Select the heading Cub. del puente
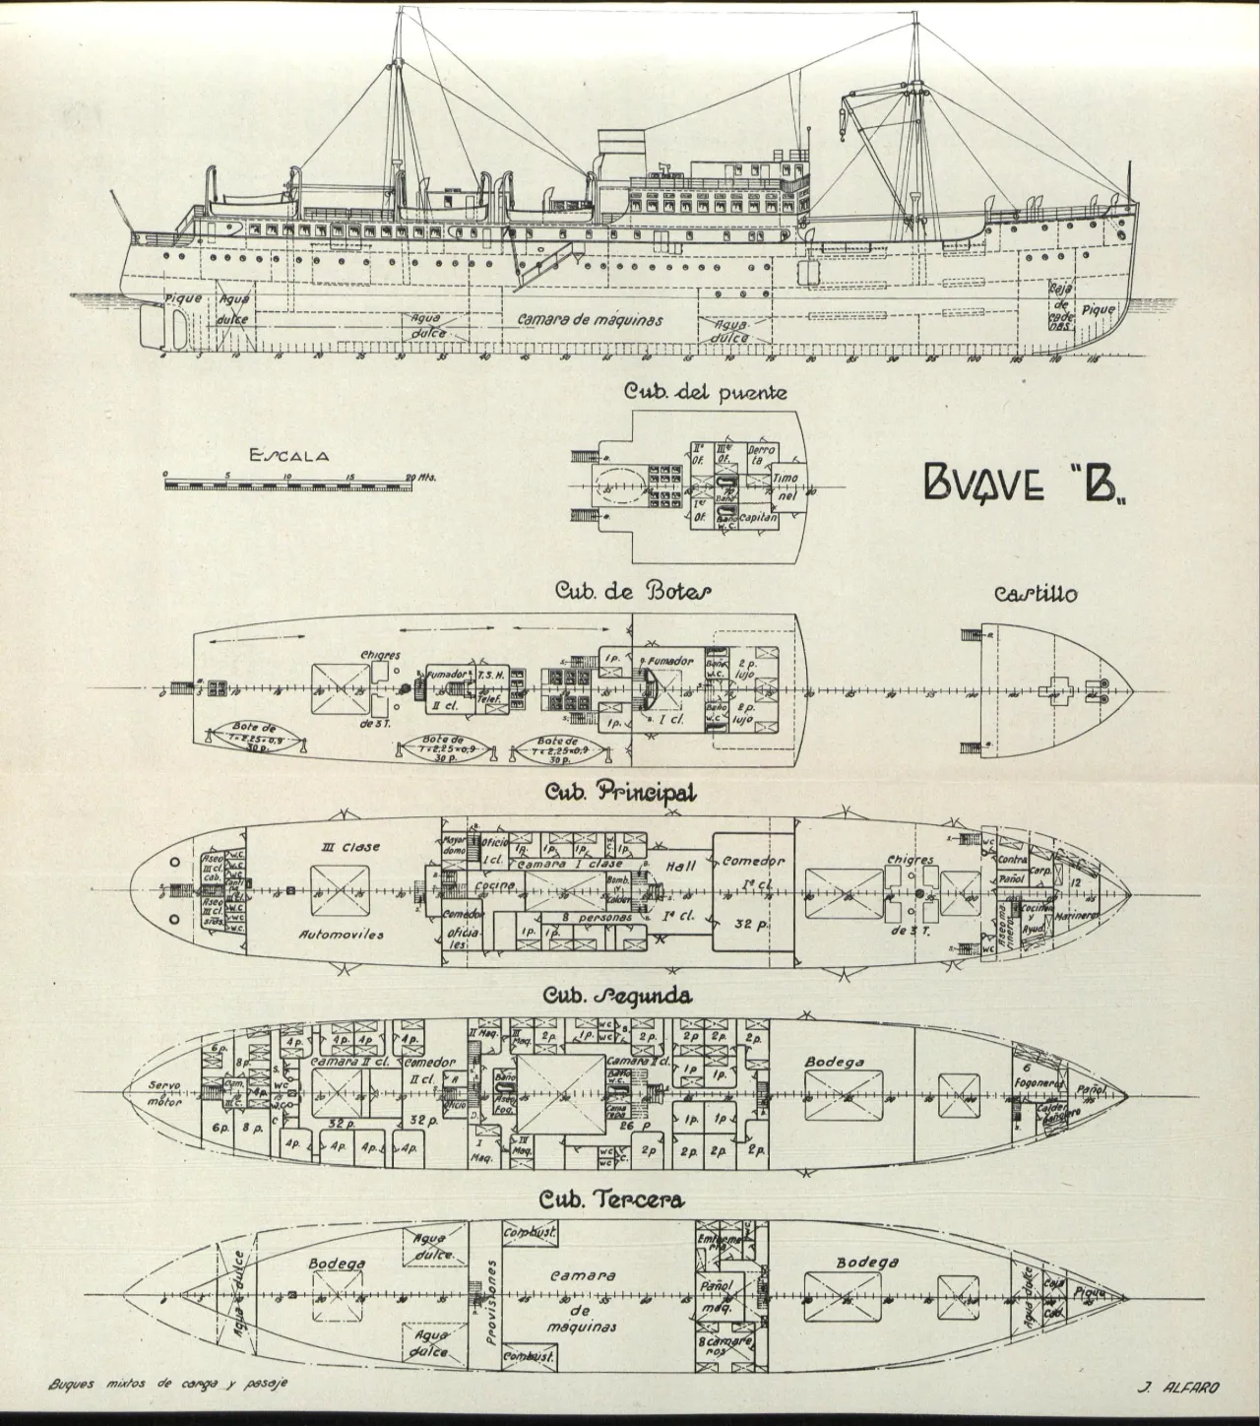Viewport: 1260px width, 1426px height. [x=705, y=392]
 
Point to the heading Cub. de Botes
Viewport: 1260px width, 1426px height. [x=633, y=591]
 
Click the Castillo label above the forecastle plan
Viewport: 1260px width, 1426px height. [x=1035, y=594]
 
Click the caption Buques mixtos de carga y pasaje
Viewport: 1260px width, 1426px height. [x=168, y=1384]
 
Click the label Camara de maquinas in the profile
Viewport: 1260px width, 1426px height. [x=590, y=320]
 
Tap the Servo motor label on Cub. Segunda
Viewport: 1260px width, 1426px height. [x=164, y=1093]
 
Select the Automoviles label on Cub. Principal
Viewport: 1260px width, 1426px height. [x=340, y=933]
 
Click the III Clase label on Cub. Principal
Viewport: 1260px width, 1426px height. [x=350, y=846]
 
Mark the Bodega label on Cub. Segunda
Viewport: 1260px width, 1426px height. [x=834, y=1062]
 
